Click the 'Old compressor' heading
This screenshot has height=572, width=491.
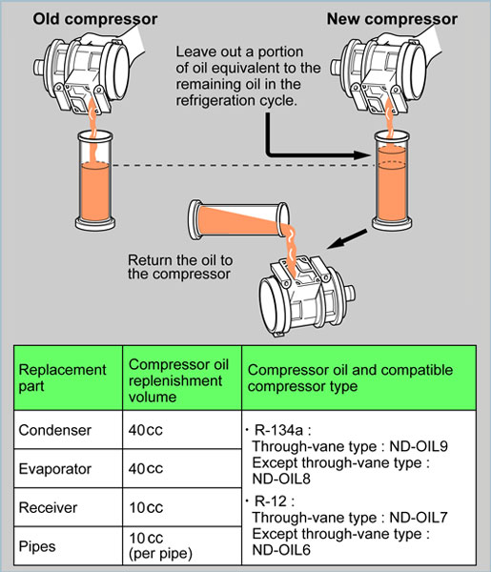pyautogui.click(x=95, y=19)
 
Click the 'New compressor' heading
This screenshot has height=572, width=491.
pyautogui.click(x=392, y=19)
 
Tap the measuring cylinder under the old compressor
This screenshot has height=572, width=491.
pyautogui.click(x=95, y=180)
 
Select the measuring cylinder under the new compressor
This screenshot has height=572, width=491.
pyautogui.click(x=392, y=180)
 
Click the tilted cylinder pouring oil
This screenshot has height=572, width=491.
pyautogui.click(x=239, y=220)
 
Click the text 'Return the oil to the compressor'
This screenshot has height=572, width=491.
pyautogui.click(x=180, y=267)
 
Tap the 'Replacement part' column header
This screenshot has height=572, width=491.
pyautogui.click(x=62, y=378)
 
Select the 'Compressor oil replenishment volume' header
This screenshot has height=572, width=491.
pyautogui.click(x=178, y=380)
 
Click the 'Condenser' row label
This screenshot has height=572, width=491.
pyautogui.click(x=54, y=430)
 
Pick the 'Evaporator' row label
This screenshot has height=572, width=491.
pyautogui.click(x=54, y=469)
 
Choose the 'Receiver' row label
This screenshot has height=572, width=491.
pyautogui.click(x=48, y=507)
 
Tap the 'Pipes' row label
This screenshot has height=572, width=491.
pyautogui.click(x=37, y=546)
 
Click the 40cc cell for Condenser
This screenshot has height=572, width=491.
pyautogui.click(x=146, y=430)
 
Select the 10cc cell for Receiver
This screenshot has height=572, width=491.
pyautogui.click(x=146, y=507)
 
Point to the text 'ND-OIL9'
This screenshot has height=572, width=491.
pyautogui.click(x=419, y=446)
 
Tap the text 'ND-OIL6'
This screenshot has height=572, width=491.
pyautogui.click(x=281, y=549)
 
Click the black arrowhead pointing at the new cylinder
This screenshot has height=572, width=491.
pyautogui.click(x=363, y=155)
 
